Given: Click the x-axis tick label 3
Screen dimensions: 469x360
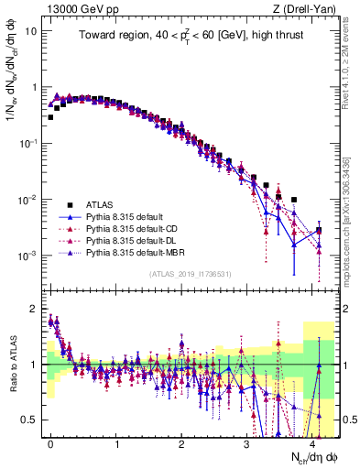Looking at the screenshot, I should pos(247,442).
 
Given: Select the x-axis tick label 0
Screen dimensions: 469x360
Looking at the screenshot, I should pos(50,442).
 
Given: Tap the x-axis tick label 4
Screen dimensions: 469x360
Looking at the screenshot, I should pos(312,442).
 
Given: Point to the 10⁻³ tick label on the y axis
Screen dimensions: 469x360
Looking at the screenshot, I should pos(28,256).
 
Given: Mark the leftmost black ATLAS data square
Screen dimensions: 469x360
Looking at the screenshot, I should pos(51,117).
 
